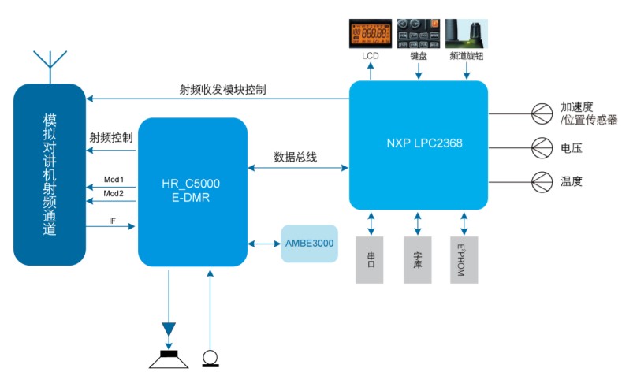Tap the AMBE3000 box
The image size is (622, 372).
pos(310,244)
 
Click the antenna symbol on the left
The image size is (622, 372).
pos(48,67)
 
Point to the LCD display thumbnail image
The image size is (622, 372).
pos(371,34)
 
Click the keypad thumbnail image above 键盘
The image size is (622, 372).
pos(418,34)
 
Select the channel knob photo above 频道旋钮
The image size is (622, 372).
pos(464,34)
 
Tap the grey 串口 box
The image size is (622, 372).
pos(371,258)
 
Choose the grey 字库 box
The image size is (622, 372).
pos(418,258)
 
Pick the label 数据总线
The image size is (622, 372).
pos(295,157)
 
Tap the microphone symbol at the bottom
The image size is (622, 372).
pos(210,357)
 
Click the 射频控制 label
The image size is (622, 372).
pos(111,137)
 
